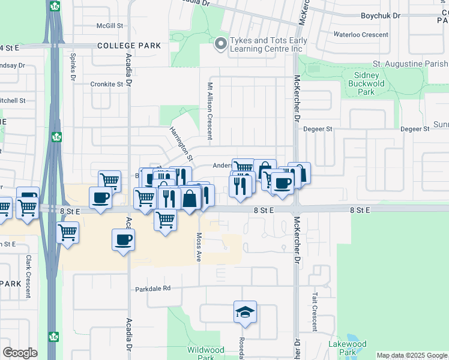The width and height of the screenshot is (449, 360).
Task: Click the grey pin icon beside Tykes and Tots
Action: (x=220, y=43)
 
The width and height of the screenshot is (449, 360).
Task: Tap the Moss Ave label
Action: (x=199, y=247)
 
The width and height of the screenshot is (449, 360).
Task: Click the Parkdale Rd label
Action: (x=153, y=288)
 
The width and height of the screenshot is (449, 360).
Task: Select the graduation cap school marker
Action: (x=245, y=312)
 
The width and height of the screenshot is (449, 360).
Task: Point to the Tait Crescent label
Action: (x=314, y=312)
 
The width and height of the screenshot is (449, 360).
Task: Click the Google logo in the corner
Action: (x=20, y=353)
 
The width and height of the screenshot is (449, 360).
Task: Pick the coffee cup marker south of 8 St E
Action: (x=124, y=240)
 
